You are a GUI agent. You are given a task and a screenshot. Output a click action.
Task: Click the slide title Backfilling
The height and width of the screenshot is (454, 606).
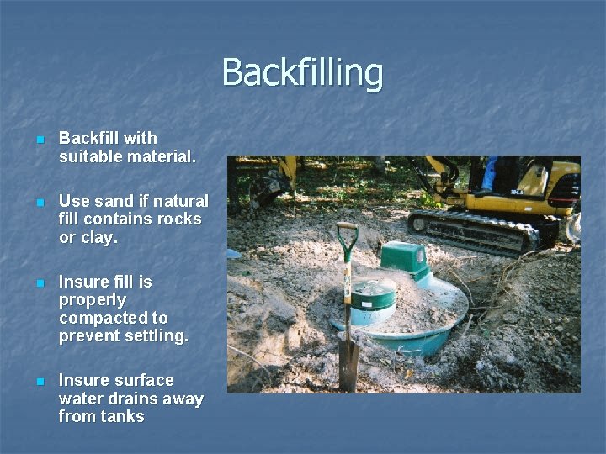click(302, 73)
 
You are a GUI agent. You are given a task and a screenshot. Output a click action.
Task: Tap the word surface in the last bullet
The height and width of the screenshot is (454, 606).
click(142, 380)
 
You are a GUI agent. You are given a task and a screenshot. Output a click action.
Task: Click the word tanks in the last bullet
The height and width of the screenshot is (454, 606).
click(122, 416)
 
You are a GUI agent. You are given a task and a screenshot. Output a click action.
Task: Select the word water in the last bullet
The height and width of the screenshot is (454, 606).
click(80, 399)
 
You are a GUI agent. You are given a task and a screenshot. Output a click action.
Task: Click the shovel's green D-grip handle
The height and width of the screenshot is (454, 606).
click(347, 233)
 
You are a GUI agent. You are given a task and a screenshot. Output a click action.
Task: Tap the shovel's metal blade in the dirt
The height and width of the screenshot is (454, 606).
click(348, 364)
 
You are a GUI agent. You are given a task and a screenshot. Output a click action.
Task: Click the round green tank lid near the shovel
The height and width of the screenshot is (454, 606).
click(373, 294)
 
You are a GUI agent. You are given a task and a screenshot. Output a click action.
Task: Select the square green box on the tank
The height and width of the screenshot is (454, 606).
click(404, 256)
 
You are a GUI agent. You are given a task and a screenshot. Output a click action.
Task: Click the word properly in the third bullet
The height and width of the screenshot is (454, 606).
click(93, 300)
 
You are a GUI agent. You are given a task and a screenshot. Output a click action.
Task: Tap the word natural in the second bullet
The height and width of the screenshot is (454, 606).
click(181, 201)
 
